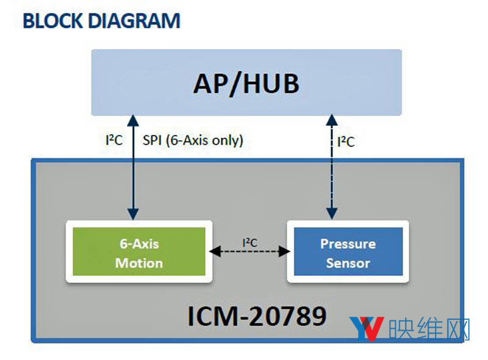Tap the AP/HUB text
click(x=246, y=83)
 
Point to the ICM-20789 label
click(x=256, y=315)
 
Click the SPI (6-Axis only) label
click(x=193, y=140)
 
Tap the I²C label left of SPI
click(x=114, y=140)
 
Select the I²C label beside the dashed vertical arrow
click(x=346, y=142)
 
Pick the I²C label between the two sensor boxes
click(x=250, y=242)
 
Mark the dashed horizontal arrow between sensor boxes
click(x=249, y=251)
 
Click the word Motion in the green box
click(x=139, y=263)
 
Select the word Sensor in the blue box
click(x=348, y=263)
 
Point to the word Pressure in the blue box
click(x=348, y=244)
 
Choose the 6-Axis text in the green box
click(x=139, y=244)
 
